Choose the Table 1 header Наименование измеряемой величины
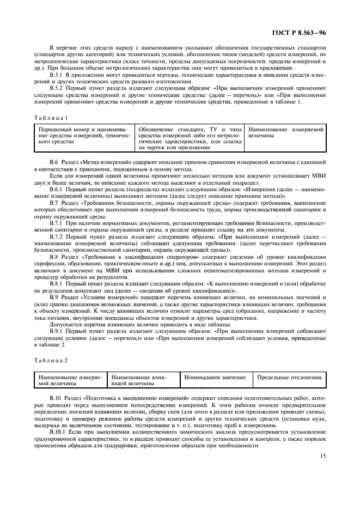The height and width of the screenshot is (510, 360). (286, 132)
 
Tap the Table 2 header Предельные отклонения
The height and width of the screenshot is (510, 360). (289, 377)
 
